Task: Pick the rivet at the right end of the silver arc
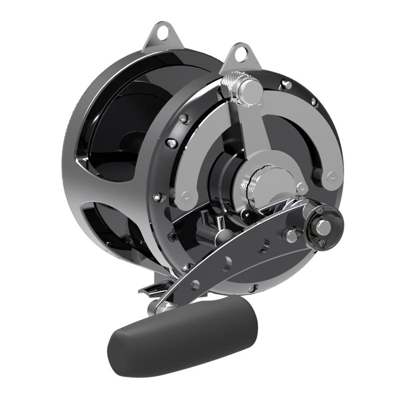click(x=330, y=176)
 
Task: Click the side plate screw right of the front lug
click(x=286, y=84)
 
